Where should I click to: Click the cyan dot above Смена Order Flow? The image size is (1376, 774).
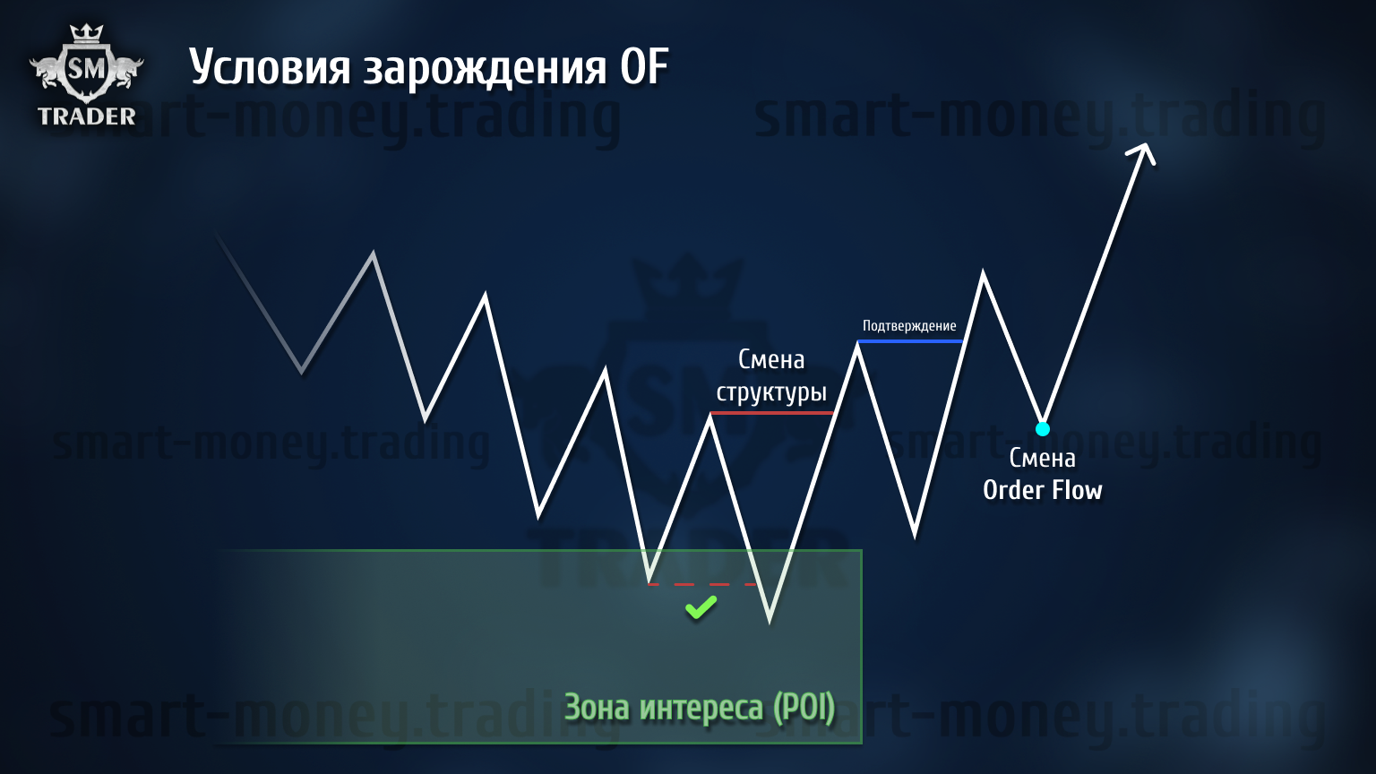tap(1043, 429)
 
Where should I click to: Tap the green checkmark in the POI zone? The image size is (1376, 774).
tap(701, 607)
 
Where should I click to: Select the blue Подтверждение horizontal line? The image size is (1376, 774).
tap(910, 341)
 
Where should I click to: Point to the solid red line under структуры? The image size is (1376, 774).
tap(771, 413)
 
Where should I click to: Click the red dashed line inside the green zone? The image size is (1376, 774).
tap(702, 584)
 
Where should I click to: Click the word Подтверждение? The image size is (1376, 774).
tap(909, 325)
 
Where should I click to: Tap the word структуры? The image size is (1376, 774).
tap(771, 392)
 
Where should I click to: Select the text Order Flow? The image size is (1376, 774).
tap(1043, 490)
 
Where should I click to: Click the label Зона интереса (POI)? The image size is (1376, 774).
tap(700, 707)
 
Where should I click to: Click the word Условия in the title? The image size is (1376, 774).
tap(270, 67)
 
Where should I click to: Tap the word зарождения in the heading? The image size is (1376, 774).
tap(485, 70)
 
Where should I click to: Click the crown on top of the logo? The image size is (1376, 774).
tap(86, 32)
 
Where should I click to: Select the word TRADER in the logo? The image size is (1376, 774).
tap(87, 116)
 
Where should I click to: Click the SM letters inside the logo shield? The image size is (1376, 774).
tap(87, 68)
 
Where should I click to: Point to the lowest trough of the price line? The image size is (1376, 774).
tap(770, 622)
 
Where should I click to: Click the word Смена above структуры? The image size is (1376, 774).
tap(771, 359)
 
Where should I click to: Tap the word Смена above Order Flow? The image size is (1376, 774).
tap(1043, 459)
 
